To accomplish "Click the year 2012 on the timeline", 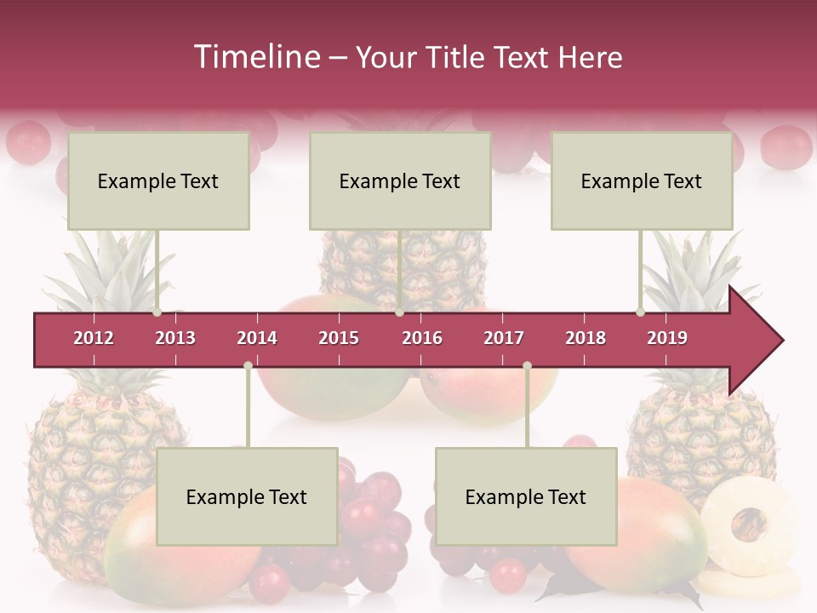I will click(94, 338).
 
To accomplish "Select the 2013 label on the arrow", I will click(175, 338).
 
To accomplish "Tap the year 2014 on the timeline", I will click(257, 338).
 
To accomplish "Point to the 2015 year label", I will click(339, 338).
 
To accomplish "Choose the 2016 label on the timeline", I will click(422, 338).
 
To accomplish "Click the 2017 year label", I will click(504, 338).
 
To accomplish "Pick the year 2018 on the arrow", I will click(586, 338).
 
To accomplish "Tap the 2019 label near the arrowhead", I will click(667, 338).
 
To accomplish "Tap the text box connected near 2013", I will click(158, 180).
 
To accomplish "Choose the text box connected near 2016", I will click(400, 180).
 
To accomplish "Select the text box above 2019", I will click(642, 180).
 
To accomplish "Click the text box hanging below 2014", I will click(247, 496).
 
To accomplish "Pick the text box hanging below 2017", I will click(526, 496).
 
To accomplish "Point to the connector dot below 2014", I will click(248, 365).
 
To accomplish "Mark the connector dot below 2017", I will click(527, 365).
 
